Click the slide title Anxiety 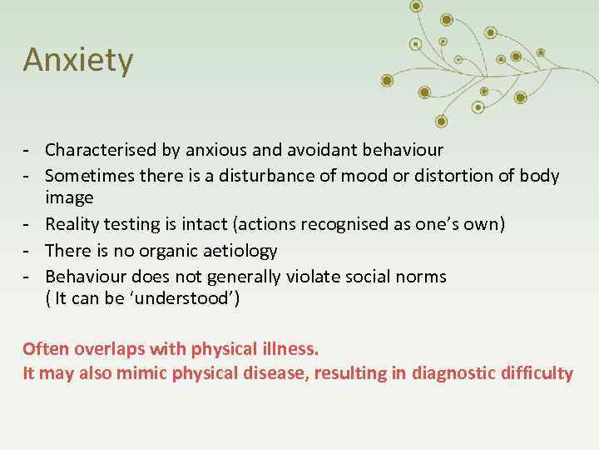click(x=77, y=61)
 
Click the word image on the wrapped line click(x=69, y=198)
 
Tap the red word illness click(x=291, y=347)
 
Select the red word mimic click(x=141, y=372)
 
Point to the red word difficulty click(x=542, y=372)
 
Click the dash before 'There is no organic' click(x=27, y=250)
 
